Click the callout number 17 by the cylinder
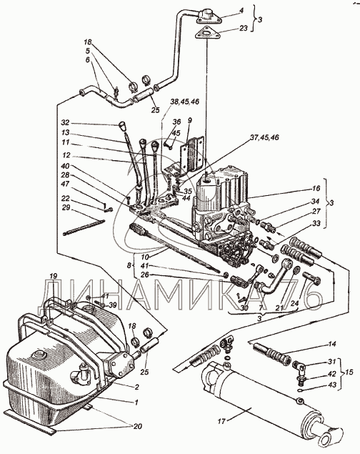coord(221,421)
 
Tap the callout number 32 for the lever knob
coord(65,122)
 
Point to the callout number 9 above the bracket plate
coord(190,119)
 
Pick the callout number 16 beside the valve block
coord(316,188)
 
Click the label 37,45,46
coord(264,137)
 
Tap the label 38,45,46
coord(185,102)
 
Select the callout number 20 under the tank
coord(138,426)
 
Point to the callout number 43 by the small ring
coord(332,385)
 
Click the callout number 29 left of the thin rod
coord(66,207)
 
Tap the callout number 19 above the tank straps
coord(54,276)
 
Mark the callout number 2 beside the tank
coord(136,387)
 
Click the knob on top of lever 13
coord(122,127)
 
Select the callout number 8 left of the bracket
coord(130,265)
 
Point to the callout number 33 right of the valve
coord(316,224)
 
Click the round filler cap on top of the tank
coord(38,354)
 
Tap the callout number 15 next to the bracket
coord(349,372)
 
